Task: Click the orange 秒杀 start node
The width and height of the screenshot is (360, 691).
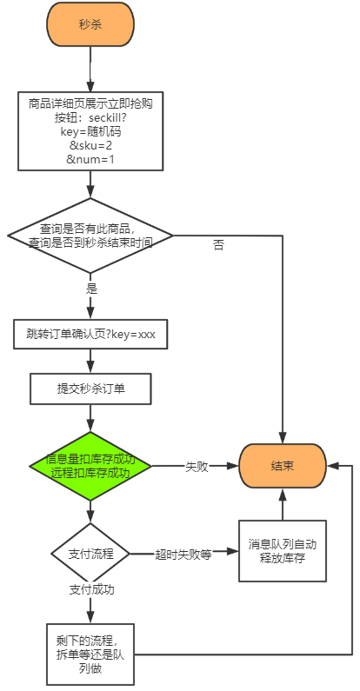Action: coord(90,24)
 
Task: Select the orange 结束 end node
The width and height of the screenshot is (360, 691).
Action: coord(283,466)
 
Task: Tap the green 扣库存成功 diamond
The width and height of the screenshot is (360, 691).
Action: coord(90,466)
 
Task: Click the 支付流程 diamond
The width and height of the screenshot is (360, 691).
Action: coord(90,553)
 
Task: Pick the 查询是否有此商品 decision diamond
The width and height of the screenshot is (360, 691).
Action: coord(90,236)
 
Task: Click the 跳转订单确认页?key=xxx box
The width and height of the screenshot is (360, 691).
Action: coord(90,333)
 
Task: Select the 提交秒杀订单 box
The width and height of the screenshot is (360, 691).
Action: coord(90,389)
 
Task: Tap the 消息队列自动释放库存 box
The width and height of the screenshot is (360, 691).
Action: coord(283,551)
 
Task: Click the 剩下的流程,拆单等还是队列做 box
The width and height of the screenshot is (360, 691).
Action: coord(90,653)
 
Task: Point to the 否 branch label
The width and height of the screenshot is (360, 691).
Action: coord(218,246)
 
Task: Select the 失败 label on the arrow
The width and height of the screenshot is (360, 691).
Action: coord(197,467)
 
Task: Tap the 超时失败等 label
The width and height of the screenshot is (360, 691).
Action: coord(183,554)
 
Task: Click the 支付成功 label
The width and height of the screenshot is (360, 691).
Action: coord(91,589)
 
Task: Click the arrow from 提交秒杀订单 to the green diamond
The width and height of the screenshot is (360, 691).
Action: coord(90,418)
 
